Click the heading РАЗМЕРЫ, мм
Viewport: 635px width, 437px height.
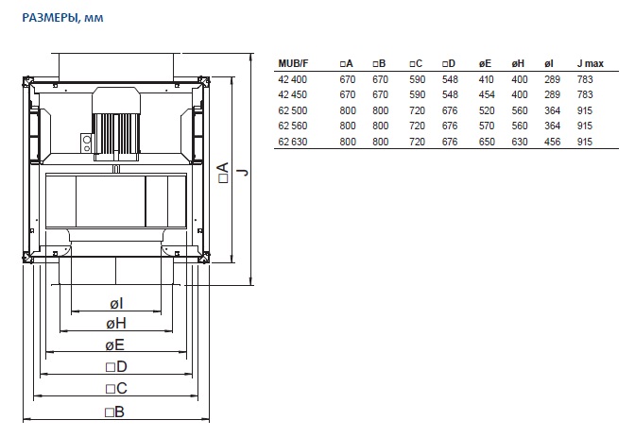coord(62,18)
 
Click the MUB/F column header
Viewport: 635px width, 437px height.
coord(293,63)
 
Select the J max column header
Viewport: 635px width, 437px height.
coord(590,63)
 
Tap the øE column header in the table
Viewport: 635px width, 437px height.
coord(485,63)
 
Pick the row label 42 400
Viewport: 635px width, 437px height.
coord(292,79)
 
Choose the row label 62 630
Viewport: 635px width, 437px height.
coord(292,142)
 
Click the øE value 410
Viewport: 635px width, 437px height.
coord(486,79)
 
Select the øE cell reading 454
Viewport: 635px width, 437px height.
coord(487,94)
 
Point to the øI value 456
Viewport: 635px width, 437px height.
coord(552,142)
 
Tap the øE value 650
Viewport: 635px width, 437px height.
coord(487,142)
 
